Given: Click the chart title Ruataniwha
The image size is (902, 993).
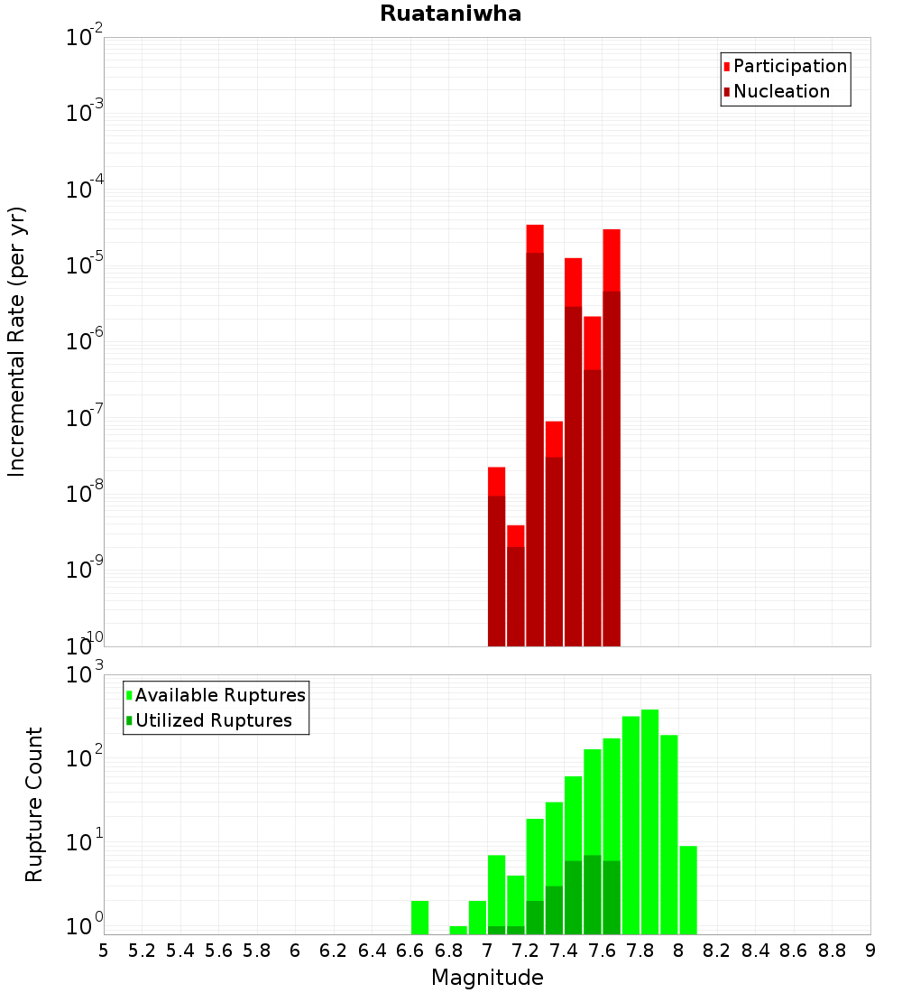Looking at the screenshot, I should coord(450,14).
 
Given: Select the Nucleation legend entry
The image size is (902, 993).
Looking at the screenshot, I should coord(781,91).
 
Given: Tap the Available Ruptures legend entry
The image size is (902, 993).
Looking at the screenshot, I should coord(220,695).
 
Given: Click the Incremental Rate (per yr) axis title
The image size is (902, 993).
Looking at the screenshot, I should coord(17,341).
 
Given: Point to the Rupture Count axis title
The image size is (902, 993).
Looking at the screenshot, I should coord(34,804).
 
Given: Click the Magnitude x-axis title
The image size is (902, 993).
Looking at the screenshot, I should coord(487,978).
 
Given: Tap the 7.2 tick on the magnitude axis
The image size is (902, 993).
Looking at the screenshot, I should coord(525,951).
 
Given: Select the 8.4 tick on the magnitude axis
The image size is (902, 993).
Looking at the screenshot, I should coord(755,951).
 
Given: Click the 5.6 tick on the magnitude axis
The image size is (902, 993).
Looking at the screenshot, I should coord(218,951).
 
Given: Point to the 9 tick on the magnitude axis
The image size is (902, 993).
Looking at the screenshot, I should coord(870,951).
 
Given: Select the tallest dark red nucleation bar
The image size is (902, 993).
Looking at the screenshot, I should coord(535,451).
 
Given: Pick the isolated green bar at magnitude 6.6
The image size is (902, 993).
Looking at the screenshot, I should coord(419,917).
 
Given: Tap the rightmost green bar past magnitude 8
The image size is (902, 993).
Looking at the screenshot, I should coord(688,889).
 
